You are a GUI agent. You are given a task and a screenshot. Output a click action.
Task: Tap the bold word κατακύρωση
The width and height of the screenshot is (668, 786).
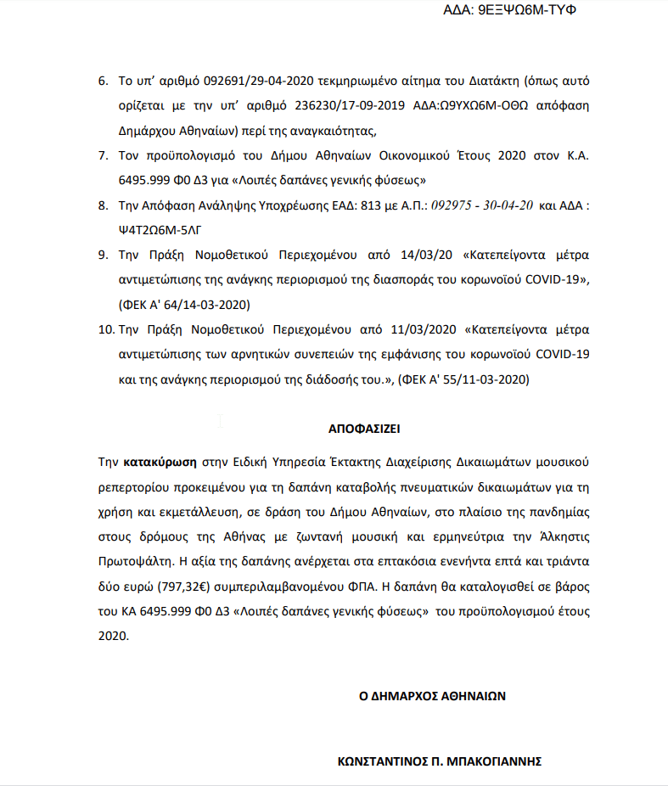pyautogui.click(x=160, y=463)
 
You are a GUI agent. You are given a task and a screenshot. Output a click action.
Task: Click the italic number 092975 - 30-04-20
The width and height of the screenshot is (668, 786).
pyautogui.click(x=483, y=205)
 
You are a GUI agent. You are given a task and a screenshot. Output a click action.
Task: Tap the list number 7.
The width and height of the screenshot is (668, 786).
pyautogui.click(x=103, y=156)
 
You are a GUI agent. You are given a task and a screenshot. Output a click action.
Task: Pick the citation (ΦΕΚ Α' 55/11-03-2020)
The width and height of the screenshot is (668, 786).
pyautogui.click(x=463, y=380)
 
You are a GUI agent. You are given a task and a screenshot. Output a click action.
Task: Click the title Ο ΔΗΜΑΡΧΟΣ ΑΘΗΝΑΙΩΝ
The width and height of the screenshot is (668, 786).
pyautogui.click(x=432, y=695)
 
